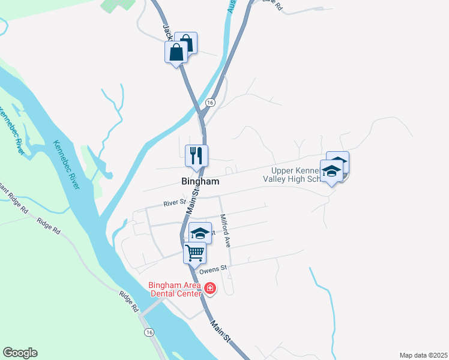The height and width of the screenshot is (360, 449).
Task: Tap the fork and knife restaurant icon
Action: point(196,155)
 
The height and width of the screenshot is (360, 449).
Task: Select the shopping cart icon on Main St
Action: point(195,253)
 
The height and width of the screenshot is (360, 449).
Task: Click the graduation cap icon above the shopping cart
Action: point(200,233)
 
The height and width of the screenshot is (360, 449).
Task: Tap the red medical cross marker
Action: point(210,289)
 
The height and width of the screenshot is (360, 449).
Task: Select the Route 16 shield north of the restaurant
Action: point(209,103)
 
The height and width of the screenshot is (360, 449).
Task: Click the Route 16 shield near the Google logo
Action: point(148,332)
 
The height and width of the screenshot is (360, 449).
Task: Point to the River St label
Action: point(174,203)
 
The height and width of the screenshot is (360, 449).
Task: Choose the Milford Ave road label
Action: point(226,231)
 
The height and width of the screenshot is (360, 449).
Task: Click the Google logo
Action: point(20,353)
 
